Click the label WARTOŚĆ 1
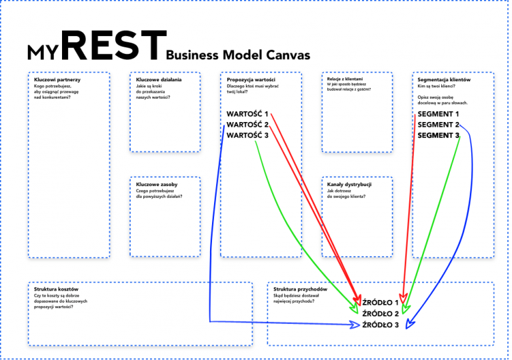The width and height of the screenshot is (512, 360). (x=247, y=114)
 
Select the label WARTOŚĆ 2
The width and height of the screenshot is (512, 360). (x=247, y=125)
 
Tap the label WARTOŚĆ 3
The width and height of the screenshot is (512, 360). (x=247, y=135)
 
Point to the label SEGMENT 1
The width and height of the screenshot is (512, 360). (x=439, y=114)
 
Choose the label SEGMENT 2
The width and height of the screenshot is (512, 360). (x=439, y=125)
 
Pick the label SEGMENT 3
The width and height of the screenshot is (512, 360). (x=439, y=135)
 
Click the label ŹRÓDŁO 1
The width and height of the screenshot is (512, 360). (x=380, y=303)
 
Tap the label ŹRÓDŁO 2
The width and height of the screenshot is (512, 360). (x=380, y=313)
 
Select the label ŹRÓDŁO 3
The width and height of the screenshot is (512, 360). (x=380, y=325)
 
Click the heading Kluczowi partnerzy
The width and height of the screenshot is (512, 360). (x=57, y=80)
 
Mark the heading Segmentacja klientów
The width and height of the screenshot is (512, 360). (x=444, y=80)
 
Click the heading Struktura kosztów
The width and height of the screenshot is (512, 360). (x=57, y=289)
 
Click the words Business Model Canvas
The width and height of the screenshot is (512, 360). (x=238, y=55)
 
